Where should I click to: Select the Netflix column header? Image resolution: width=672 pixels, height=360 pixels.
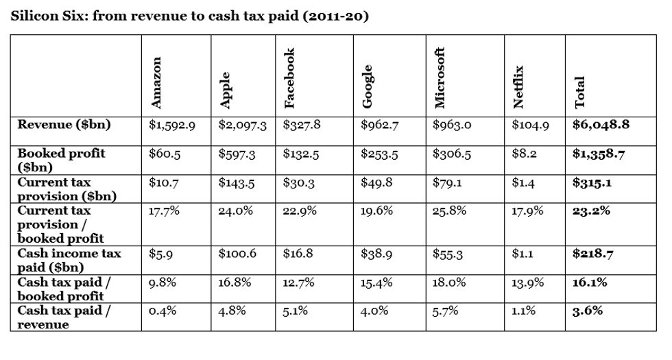pyautogui.click(x=519, y=87)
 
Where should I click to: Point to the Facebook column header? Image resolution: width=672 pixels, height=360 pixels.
pyautogui.click(x=289, y=78)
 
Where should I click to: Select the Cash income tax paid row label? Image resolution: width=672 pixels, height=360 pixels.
pyautogui.click(x=69, y=260)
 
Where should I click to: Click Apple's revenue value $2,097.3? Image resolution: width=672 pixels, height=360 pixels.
pyautogui.click(x=242, y=125)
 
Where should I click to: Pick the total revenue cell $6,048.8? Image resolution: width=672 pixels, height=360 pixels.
pyautogui.click(x=601, y=125)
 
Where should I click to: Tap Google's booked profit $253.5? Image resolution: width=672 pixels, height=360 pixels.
pyautogui.click(x=379, y=154)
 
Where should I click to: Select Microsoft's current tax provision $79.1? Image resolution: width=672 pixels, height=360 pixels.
pyautogui.click(x=448, y=184)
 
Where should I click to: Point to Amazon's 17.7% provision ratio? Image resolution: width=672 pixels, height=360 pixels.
pyautogui.click(x=164, y=211)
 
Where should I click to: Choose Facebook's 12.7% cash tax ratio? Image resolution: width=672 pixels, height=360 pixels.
pyautogui.click(x=299, y=283)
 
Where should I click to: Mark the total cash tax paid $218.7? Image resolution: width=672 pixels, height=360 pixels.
pyautogui.click(x=592, y=254)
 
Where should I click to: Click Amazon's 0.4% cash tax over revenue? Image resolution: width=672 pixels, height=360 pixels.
pyautogui.click(x=163, y=311)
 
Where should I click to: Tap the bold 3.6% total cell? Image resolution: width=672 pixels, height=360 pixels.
pyautogui.click(x=588, y=311)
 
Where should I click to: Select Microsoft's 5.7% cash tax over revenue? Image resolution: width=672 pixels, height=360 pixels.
pyautogui.click(x=446, y=311)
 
